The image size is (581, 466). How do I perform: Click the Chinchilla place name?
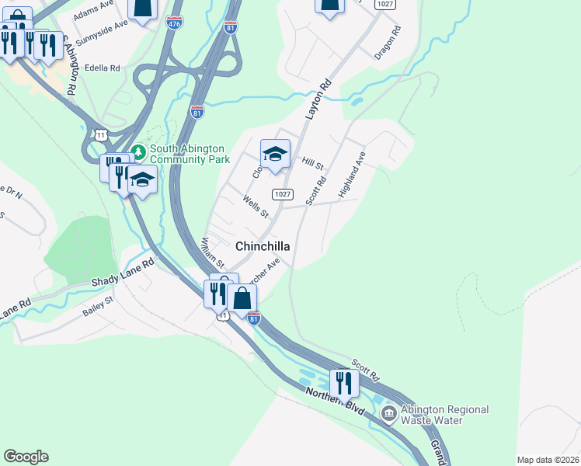coord(263,246)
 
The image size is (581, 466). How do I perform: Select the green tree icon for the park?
coord(138,150)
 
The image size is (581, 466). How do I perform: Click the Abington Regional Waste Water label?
coord(445,415)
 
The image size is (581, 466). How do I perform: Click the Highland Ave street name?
coord(352,175)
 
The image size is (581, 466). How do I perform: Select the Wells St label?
coord(255,207)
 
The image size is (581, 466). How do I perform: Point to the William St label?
coord(213,253)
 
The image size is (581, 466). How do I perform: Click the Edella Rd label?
coord(103,68)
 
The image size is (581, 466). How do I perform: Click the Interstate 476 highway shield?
coord(175,23)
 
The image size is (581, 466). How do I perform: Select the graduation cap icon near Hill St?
coord(275,153)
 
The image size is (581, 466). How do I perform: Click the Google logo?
coord(26,457)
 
